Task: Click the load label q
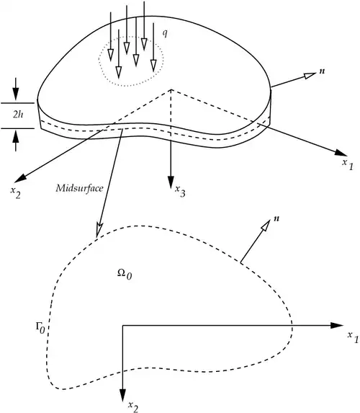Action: click(x=165, y=33)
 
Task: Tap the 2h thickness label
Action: click(x=18, y=115)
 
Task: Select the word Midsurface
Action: click(x=79, y=188)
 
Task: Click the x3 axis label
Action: click(x=180, y=191)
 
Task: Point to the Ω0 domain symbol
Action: click(x=125, y=274)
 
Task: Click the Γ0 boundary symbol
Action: click(x=40, y=328)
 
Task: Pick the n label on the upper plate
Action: click(x=322, y=71)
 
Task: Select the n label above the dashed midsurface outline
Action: click(x=276, y=218)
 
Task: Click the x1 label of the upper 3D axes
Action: click(x=348, y=164)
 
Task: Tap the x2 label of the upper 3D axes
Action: click(x=15, y=192)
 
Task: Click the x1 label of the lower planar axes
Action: click(x=353, y=337)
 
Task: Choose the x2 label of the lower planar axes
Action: click(x=133, y=407)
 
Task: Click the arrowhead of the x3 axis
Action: click(x=171, y=181)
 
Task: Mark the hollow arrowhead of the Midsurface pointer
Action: click(x=99, y=230)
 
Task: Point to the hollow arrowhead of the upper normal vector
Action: click(x=310, y=75)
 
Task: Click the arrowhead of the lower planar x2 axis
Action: click(x=122, y=396)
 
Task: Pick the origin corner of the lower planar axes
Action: click(x=122, y=326)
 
